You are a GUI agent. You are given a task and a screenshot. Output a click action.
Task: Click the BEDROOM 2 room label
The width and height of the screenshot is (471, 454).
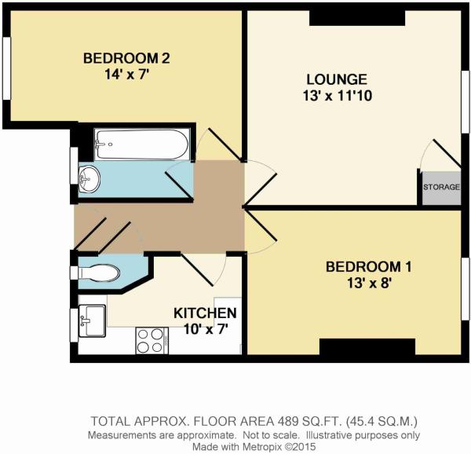pos(126,58)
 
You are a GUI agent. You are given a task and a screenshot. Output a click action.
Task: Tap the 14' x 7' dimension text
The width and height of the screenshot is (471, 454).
pos(126,74)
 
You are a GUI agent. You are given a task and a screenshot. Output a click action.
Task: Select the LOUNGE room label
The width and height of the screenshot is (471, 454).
pos(337,79)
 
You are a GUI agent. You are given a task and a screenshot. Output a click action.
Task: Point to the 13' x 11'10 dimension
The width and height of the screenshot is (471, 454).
pos(338,96)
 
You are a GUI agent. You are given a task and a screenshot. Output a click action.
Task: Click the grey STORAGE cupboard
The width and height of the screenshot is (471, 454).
pos(441,189)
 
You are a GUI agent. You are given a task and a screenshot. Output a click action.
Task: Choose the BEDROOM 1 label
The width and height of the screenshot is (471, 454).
pos(369,267)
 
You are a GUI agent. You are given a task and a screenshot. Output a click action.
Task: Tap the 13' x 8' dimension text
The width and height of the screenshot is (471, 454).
pos(369,283)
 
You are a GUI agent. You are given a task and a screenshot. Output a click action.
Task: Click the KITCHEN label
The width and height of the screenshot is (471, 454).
pos(205,313)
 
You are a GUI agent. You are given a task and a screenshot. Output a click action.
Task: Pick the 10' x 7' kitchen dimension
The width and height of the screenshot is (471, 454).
pos(204,329)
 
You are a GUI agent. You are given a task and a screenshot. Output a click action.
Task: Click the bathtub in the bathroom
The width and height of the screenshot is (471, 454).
pos(142,145)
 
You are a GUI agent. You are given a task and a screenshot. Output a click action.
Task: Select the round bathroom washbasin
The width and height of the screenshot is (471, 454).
pos(89,180)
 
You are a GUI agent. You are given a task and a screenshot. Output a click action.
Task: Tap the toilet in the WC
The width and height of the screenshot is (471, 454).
pos(99,273)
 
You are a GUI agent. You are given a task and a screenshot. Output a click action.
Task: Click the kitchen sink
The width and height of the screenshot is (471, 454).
pos(92,320)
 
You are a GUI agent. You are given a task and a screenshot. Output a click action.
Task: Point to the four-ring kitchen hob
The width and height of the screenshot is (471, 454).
pos(152,341)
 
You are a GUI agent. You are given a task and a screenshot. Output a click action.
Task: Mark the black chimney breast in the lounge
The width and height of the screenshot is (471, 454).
pos(357,18)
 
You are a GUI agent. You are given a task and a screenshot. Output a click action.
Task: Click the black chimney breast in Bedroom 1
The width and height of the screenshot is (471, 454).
pos(367,346)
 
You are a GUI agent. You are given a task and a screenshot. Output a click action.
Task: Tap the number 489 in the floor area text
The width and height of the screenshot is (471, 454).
pos(287,422)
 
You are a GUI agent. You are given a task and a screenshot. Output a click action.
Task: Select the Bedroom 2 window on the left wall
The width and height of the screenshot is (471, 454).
pos(6,68)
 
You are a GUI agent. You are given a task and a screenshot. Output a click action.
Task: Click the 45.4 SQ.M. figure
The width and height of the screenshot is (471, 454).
pos(382,422)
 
